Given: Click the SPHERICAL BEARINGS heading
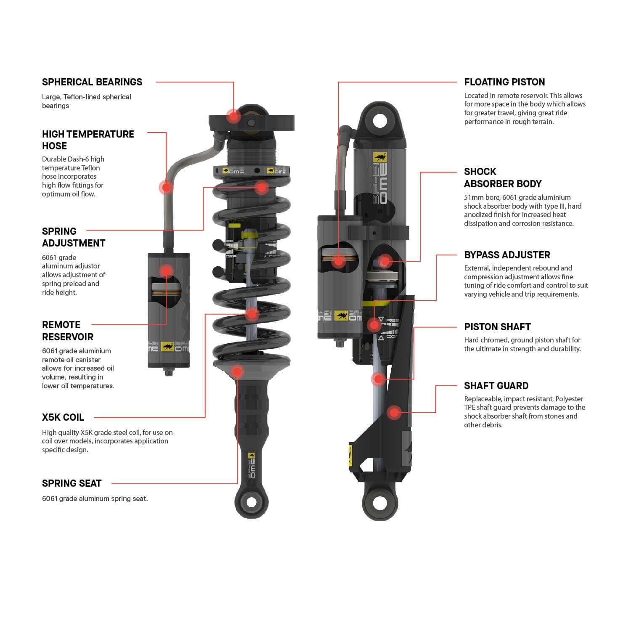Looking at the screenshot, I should tap(92, 82).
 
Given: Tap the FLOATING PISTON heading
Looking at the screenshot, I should tap(504, 82).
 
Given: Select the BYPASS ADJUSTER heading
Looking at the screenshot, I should tap(507, 255).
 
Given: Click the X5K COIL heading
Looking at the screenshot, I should tap(63, 417).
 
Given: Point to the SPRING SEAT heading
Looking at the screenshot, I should tap(72, 483).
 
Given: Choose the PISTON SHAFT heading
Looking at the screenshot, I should tap(497, 327).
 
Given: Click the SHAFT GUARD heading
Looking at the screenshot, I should tap(496, 386).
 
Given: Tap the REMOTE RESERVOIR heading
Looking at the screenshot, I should tap(67, 331).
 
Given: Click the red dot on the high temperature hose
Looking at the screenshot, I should tap(166, 187).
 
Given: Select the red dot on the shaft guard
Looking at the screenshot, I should tap(394, 412).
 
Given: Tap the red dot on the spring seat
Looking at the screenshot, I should tap(237, 371).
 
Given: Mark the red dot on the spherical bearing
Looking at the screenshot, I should tap(233, 116).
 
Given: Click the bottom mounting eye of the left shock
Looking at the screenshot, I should tap(251, 502).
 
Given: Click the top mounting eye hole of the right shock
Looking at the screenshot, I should tap(380, 121).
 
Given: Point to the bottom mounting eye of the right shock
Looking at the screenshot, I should tap(379, 503).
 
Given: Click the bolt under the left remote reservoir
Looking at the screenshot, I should tap(169, 372).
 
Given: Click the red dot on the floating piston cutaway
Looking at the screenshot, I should tap(338, 261).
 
